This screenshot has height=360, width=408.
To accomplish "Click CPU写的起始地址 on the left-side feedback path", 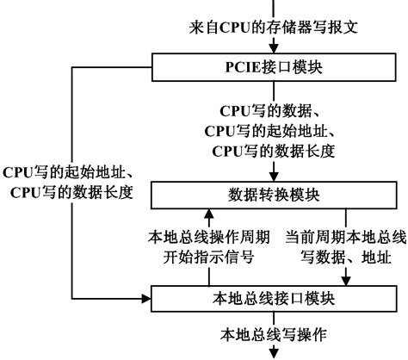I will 71,171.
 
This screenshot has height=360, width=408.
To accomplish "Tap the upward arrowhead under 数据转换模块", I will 207,213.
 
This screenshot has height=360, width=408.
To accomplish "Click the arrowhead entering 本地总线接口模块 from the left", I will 146,300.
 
